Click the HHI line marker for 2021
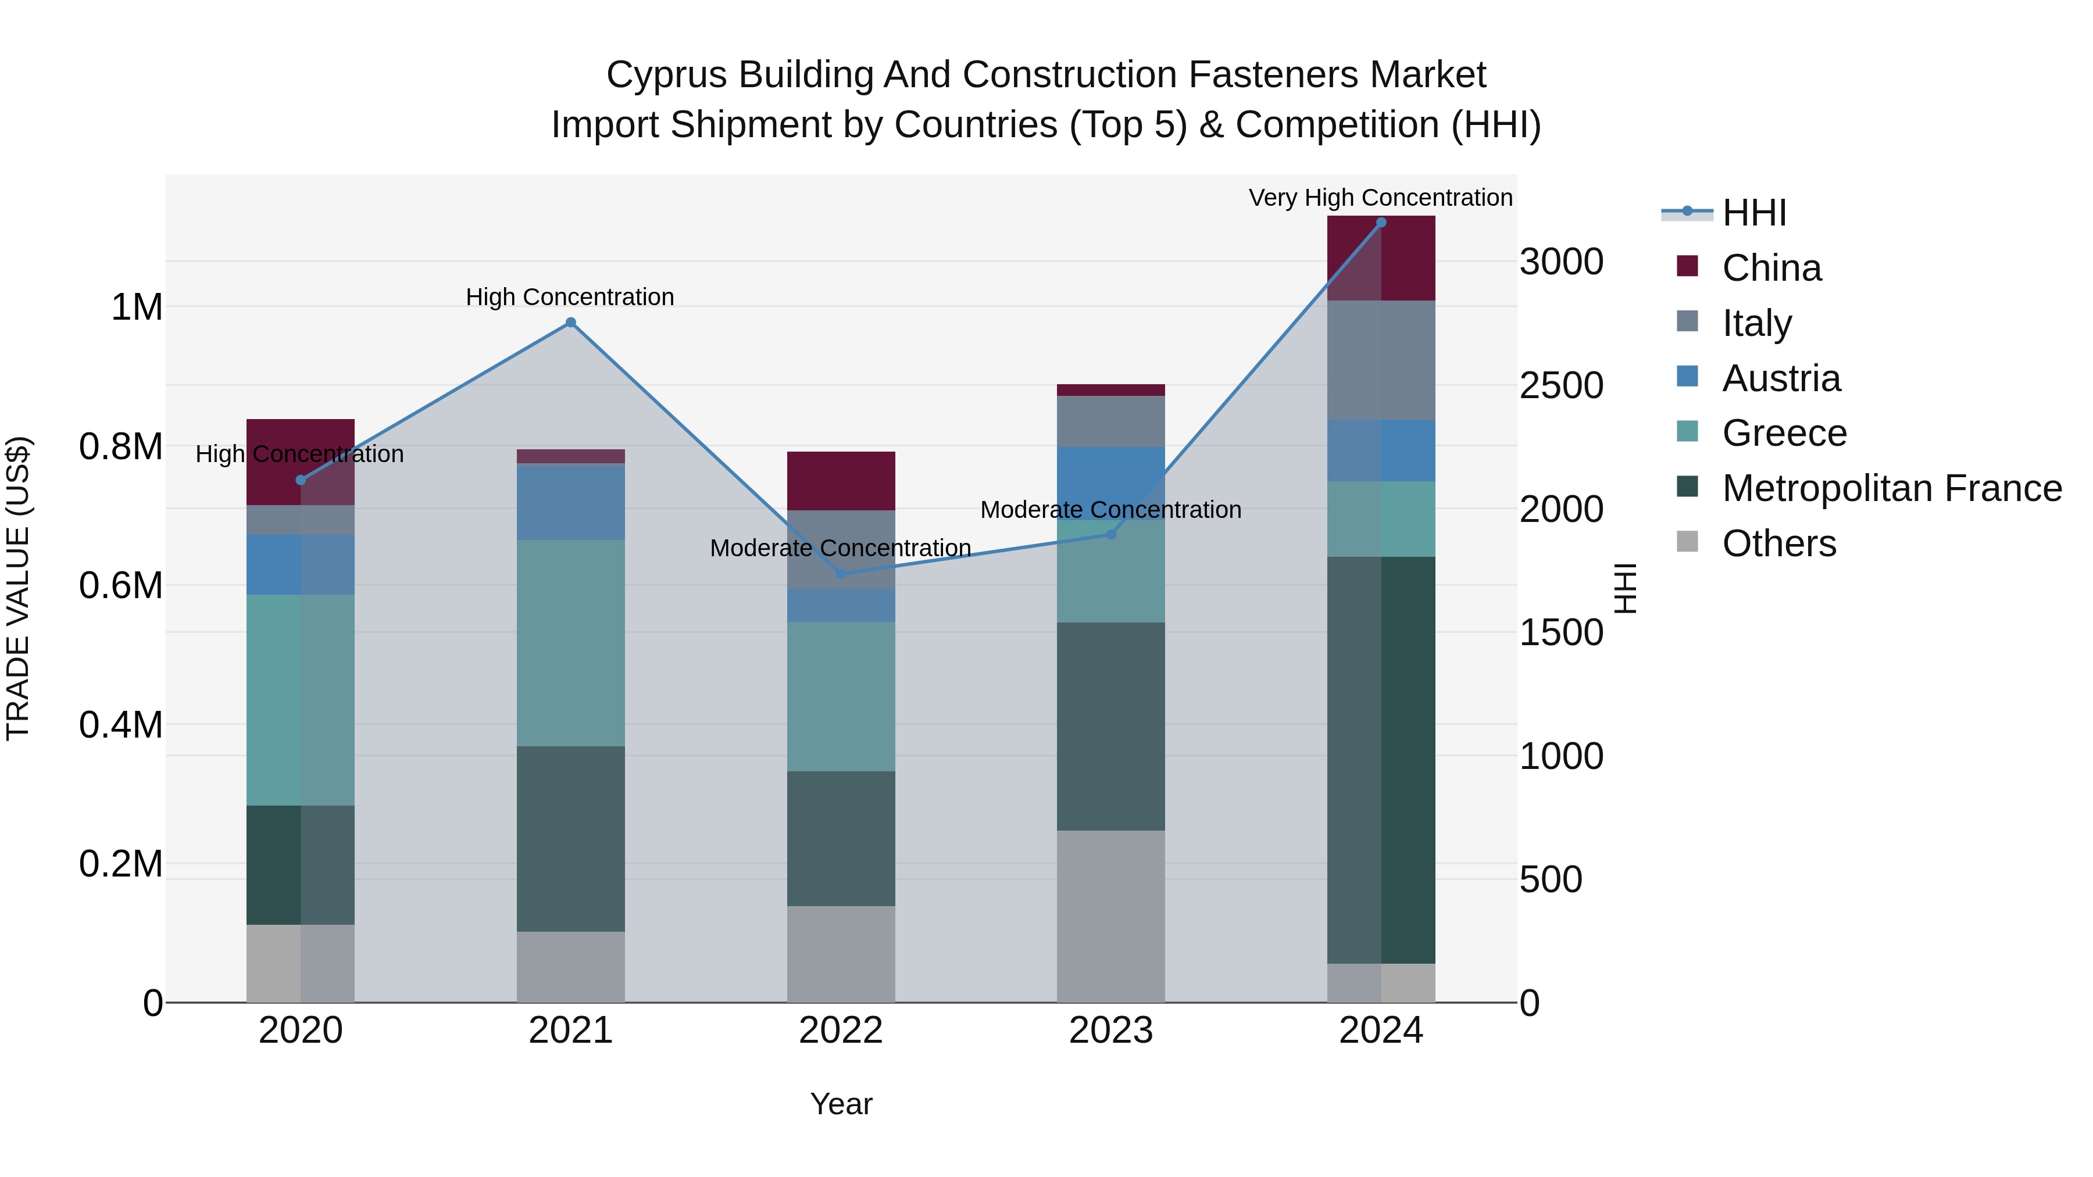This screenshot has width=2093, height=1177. (x=570, y=323)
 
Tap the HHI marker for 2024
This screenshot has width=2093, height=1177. (x=1380, y=223)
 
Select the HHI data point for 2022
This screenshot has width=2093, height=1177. (x=841, y=574)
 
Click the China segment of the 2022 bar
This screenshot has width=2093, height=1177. (x=841, y=481)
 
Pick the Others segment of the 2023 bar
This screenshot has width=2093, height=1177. (x=1110, y=915)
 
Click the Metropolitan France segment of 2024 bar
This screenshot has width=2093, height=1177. (x=1380, y=760)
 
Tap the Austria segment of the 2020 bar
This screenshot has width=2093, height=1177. (x=301, y=564)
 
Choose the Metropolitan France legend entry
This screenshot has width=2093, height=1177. (x=1891, y=488)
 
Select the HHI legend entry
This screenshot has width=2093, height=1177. (x=1753, y=213)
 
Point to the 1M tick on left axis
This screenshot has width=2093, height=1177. (x=137, y=308)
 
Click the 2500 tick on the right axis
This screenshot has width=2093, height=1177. (x=1561, y=386)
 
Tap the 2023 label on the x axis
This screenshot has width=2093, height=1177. (x=1110, y=1031)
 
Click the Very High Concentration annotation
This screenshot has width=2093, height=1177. (x=1380, y=198)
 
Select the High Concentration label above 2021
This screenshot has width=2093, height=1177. (x=570, y=297)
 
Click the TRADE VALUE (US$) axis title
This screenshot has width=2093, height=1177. (x=18, y=588)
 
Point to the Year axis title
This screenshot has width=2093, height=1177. (x=841, y=1104)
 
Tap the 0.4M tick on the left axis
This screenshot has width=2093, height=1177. (x=120, y=725)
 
